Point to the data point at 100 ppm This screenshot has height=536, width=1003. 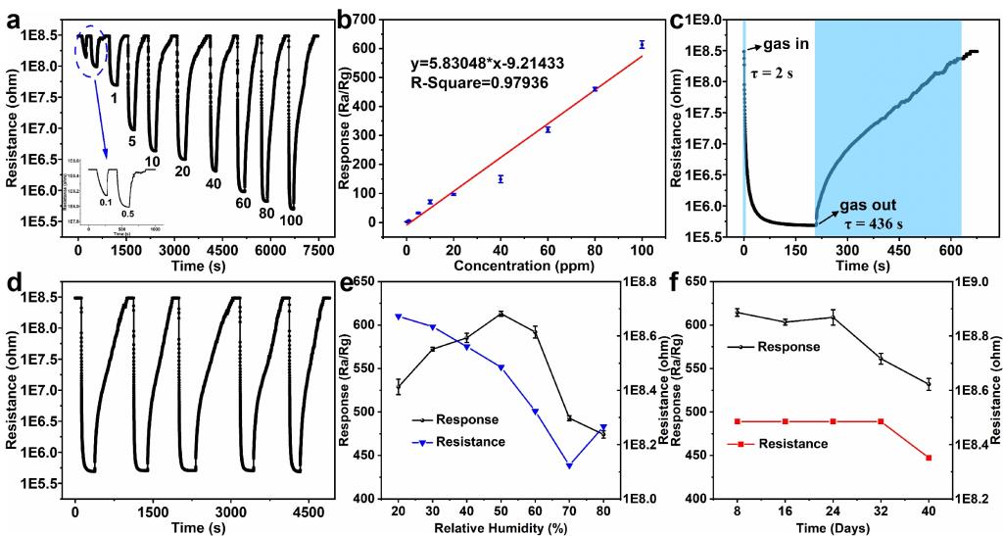tap(642, 44)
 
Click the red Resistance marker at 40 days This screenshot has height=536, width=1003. tap(928, 458)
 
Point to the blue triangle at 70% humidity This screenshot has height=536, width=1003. tap(568, 465)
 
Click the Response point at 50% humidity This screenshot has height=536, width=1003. tap(501, 314)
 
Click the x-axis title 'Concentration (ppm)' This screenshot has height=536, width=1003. tap(526, 266)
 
